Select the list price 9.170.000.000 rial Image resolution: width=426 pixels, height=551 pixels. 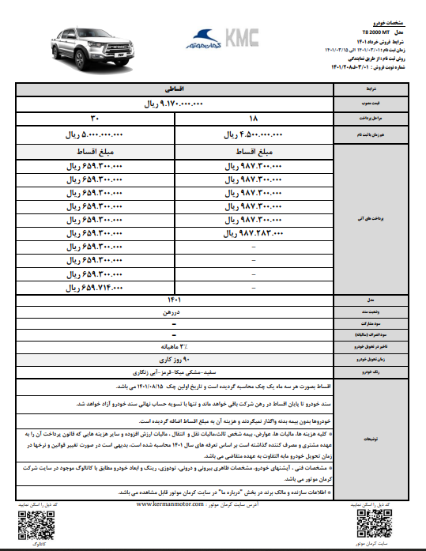pyautogui.click(x=171, y=104)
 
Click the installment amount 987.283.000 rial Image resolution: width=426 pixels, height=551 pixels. pyautogui.click(x=254, y=234)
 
